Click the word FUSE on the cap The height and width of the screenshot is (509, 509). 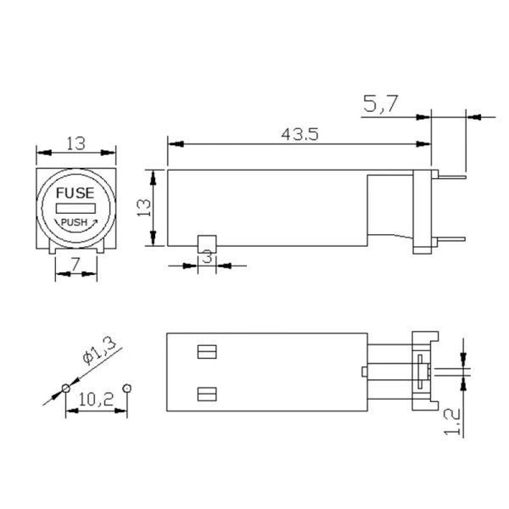(x=75, y=193)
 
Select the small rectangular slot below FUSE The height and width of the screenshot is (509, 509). (x=75, y=208)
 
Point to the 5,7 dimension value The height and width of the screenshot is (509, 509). (x=379, y=104)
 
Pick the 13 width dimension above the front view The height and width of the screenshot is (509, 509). (x=75, y=143)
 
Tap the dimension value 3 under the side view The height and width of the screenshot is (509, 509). (x=206, y=258)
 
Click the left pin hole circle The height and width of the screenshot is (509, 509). (x=65, y=389)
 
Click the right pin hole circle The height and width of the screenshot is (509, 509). (x=126, y=388)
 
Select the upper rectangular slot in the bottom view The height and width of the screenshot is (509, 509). (x=207, y=350)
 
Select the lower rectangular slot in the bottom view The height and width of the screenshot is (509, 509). (x=207, y=393)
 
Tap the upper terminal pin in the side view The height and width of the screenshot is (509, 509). (x=450, y=177)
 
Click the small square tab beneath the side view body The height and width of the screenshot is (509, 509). (x=206, y=243)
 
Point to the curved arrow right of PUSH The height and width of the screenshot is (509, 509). (x=94, y=221)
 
